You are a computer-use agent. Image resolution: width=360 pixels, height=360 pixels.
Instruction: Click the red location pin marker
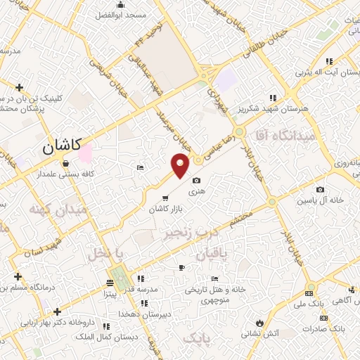(x=181, y=166)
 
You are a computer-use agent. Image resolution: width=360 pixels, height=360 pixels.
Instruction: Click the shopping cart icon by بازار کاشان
(x=165, y=198)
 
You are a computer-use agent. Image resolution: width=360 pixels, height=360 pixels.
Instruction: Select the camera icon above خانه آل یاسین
(x=321, y=189)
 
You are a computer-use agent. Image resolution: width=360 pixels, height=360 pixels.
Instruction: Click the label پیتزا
(x=110, y=293)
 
